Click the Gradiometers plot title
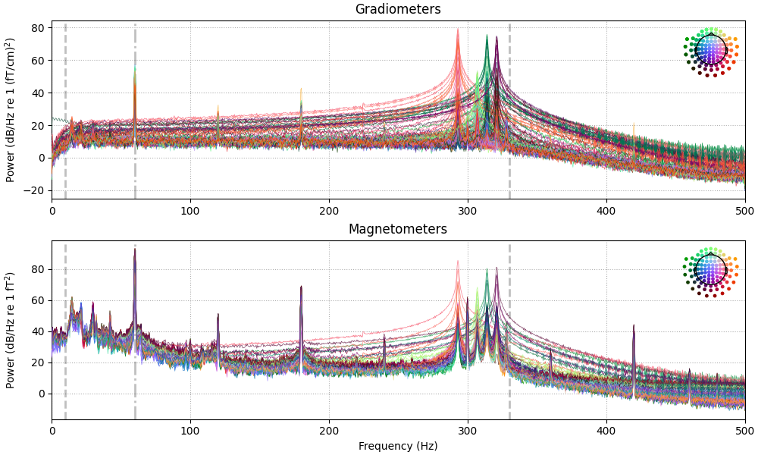click(x=398, y=10)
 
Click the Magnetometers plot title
click(x=398, y=229)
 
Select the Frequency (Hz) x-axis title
click(x=398, y=446)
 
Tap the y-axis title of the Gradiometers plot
click(x=11, y=110)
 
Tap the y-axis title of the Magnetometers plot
click(x=11, y=330)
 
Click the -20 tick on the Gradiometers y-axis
click(x=35, y=191)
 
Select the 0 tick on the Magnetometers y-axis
click(x=41, y=394)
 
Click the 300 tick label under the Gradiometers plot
click(x=468, y=210)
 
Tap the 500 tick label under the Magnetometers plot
click(x=744, y=430)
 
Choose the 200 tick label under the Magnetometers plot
click(x=329, y=430)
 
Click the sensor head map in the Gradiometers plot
click(x=711, y=50)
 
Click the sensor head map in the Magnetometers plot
click(x=711, y=270)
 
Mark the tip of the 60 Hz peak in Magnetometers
click(x=135, y=249)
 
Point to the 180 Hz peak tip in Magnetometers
click(x=301, y=287)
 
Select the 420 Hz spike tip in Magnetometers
click(x=634, y=325)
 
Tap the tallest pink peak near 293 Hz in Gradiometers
click(x=458, y=30)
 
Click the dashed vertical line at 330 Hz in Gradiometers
click(x=509, y=114)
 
